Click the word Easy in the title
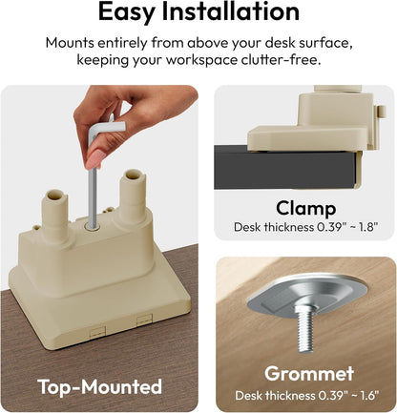click(126, 12)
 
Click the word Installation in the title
click(231, 11)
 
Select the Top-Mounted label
click(100, 386)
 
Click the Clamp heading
click(305, 209)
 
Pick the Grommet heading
click(309, 373)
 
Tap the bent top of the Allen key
click(107, 129)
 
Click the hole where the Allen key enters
click(93, 227)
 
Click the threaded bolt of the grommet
click(305, 328)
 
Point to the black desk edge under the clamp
click(285, 168)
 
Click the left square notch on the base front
click(97, 331)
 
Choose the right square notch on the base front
click(144, 320)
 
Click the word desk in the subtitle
click(280, 43)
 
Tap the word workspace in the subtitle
click(201, 60)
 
